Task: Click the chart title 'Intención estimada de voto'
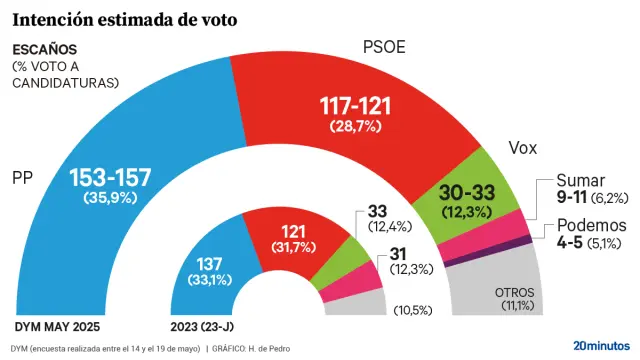point(125,18)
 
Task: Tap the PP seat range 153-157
point(110,178)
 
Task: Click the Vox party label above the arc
point(523,148)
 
